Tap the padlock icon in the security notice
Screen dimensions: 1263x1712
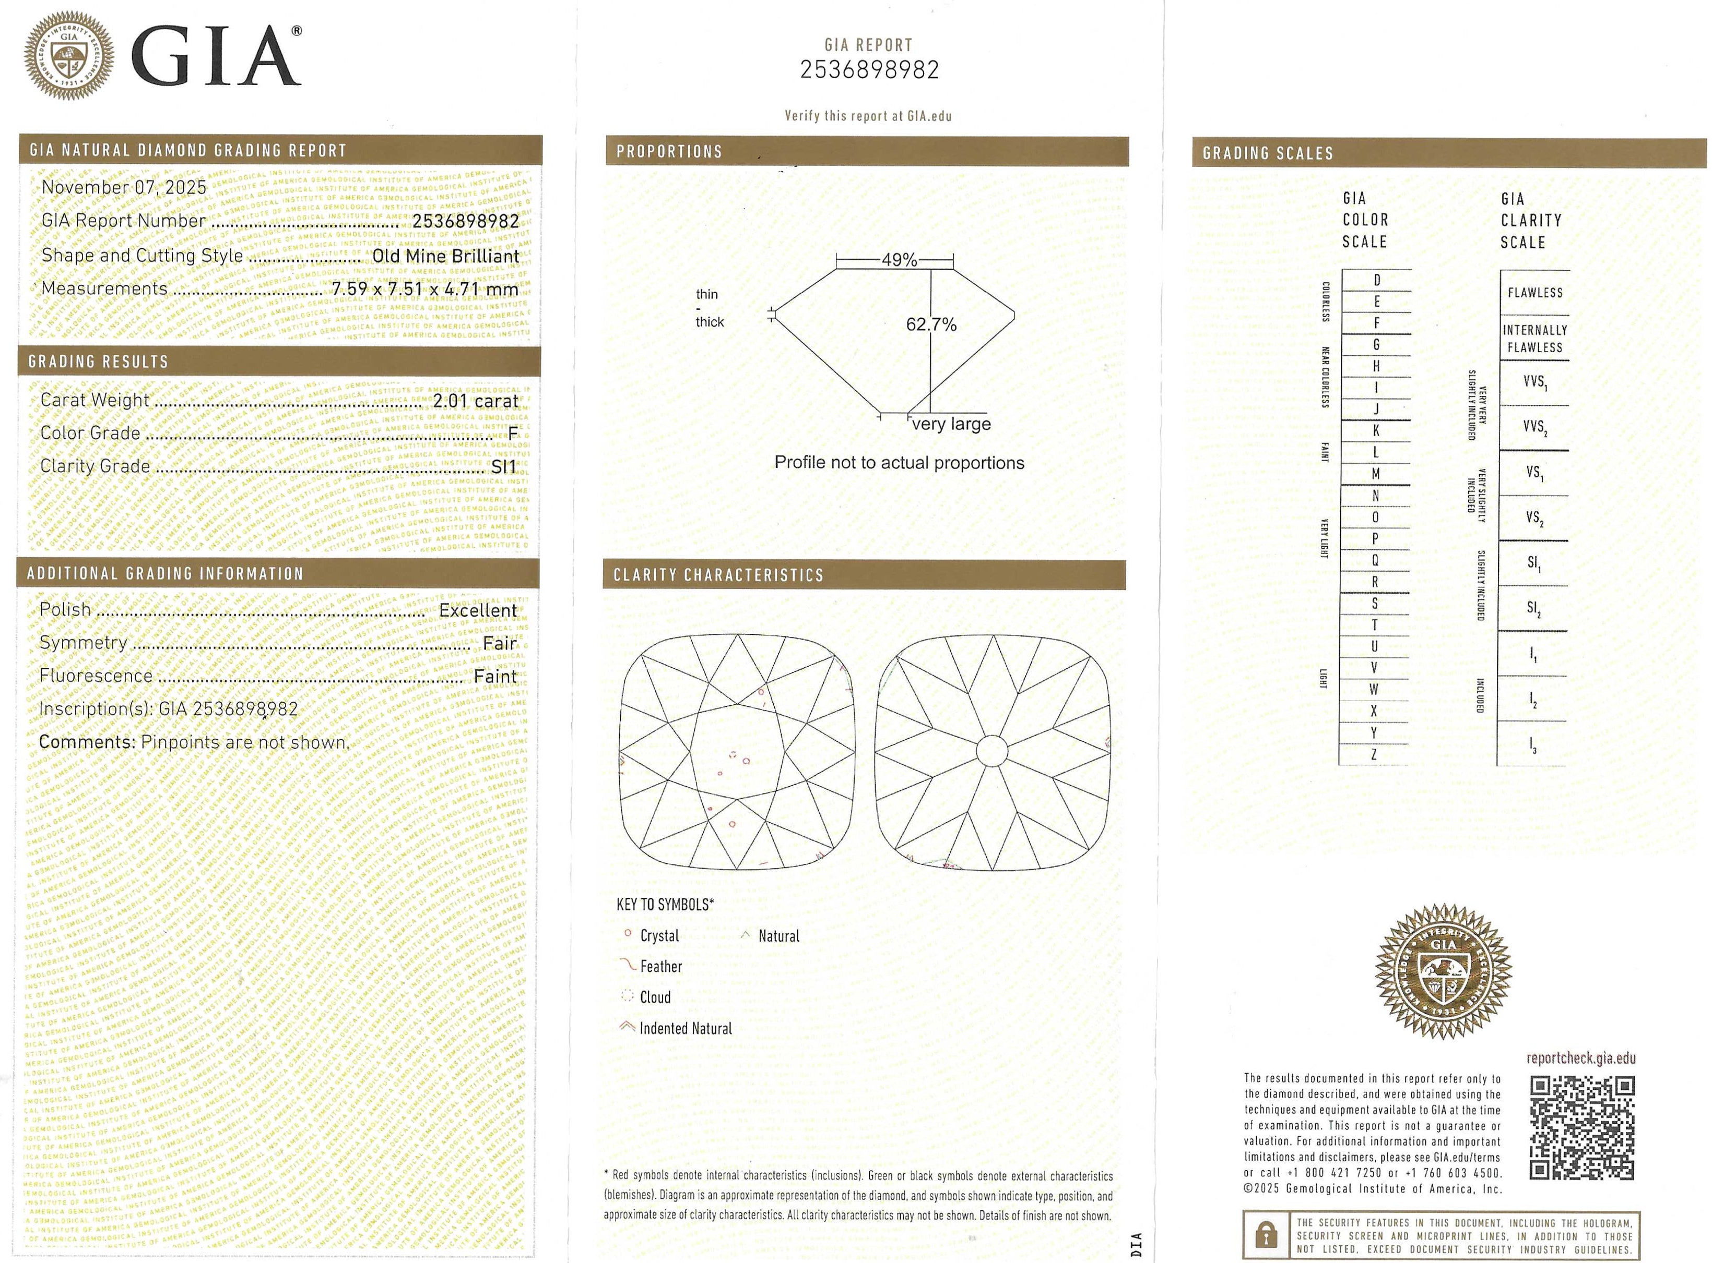coord(1267,1235)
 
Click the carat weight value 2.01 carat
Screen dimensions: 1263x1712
coord(475,401)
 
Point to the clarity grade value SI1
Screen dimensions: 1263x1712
coord(503,466)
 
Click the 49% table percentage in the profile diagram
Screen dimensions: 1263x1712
coord(899,260)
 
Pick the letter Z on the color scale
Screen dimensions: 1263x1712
coord(1374,754)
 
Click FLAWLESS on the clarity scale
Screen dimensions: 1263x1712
coord(1534,293)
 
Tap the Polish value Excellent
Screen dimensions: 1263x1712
coord(477,610)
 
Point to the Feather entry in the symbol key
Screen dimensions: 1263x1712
coord(660,966)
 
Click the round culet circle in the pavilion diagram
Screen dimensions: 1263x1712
coord(991,751)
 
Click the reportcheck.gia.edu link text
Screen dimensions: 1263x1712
coord(1580,1058)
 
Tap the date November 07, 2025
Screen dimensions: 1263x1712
coord(124,187)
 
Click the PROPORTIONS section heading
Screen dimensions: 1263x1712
coord(669,151)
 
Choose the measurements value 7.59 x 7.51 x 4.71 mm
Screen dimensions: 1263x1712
coord(424,289)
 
